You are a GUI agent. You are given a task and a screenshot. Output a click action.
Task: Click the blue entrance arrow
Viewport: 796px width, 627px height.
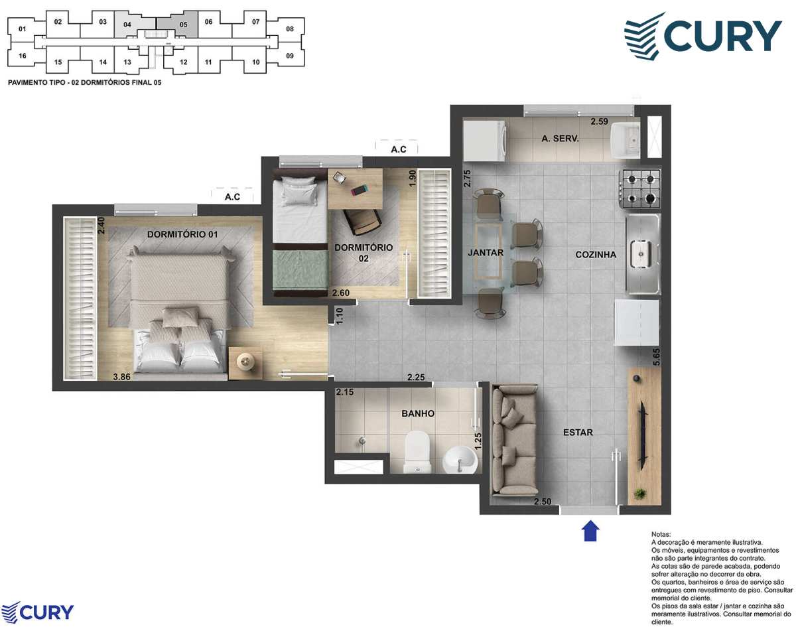590,530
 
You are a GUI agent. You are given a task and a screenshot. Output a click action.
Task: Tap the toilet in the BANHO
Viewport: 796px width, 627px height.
418,451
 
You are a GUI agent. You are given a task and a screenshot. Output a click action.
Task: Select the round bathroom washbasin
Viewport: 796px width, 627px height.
460,459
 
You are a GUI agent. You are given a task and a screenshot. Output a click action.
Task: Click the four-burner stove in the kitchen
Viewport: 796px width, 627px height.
641,188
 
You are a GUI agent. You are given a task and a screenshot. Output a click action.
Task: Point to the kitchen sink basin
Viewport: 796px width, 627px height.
641,253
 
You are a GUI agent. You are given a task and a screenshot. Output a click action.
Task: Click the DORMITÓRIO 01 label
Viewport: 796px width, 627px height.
182,234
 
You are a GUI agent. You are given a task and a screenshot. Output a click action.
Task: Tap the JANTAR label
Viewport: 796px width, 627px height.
486,252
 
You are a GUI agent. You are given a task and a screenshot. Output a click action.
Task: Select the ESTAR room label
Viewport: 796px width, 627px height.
578,432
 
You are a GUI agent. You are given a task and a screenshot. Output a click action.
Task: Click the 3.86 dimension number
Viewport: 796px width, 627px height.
121,377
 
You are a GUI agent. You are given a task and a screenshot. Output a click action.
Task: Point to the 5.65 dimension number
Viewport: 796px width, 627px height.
656,357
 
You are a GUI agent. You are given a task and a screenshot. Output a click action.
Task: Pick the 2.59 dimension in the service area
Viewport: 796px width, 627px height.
599,121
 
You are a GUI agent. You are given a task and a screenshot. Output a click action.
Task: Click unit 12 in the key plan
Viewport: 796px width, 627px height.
184,62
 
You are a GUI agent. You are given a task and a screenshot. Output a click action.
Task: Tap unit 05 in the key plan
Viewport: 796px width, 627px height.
184,25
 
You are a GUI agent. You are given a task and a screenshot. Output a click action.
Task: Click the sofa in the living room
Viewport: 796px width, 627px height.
514,440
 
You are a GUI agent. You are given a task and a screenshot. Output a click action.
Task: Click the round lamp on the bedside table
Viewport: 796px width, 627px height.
245,361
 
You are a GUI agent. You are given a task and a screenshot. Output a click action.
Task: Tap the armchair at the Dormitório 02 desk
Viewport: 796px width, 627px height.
362,222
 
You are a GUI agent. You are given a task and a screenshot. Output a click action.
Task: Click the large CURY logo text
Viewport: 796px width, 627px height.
723,36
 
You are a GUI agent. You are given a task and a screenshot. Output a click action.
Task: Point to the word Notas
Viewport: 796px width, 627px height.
661,535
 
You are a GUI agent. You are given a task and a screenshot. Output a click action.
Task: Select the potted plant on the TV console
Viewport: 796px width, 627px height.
639,493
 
